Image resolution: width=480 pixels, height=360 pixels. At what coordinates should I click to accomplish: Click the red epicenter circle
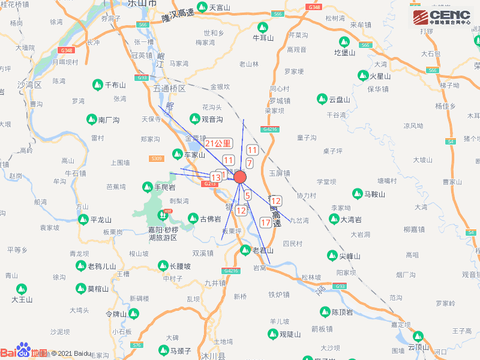pos(240,177)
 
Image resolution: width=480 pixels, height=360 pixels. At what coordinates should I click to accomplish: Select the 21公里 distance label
pos(218,143)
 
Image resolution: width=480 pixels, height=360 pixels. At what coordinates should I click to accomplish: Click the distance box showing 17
pos(266,223)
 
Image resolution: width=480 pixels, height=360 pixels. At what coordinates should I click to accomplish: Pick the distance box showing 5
pos(247,195)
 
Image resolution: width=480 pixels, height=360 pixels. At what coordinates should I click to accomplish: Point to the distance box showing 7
pos(249,163)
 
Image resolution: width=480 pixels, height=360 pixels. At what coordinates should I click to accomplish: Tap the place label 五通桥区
pos(170,88)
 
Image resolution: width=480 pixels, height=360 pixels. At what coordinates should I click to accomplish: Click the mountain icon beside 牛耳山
pos(262,27)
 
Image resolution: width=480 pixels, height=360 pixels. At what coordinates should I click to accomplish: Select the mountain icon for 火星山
pos(363,76)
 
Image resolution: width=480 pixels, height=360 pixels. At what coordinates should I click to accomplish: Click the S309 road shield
pos(157,158)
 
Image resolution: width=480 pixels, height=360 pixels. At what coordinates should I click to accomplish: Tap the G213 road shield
pos(209,184)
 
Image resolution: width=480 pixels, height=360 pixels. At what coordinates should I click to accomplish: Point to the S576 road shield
pos(137,345)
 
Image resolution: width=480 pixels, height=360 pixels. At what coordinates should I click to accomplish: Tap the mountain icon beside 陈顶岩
pos(325,312)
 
